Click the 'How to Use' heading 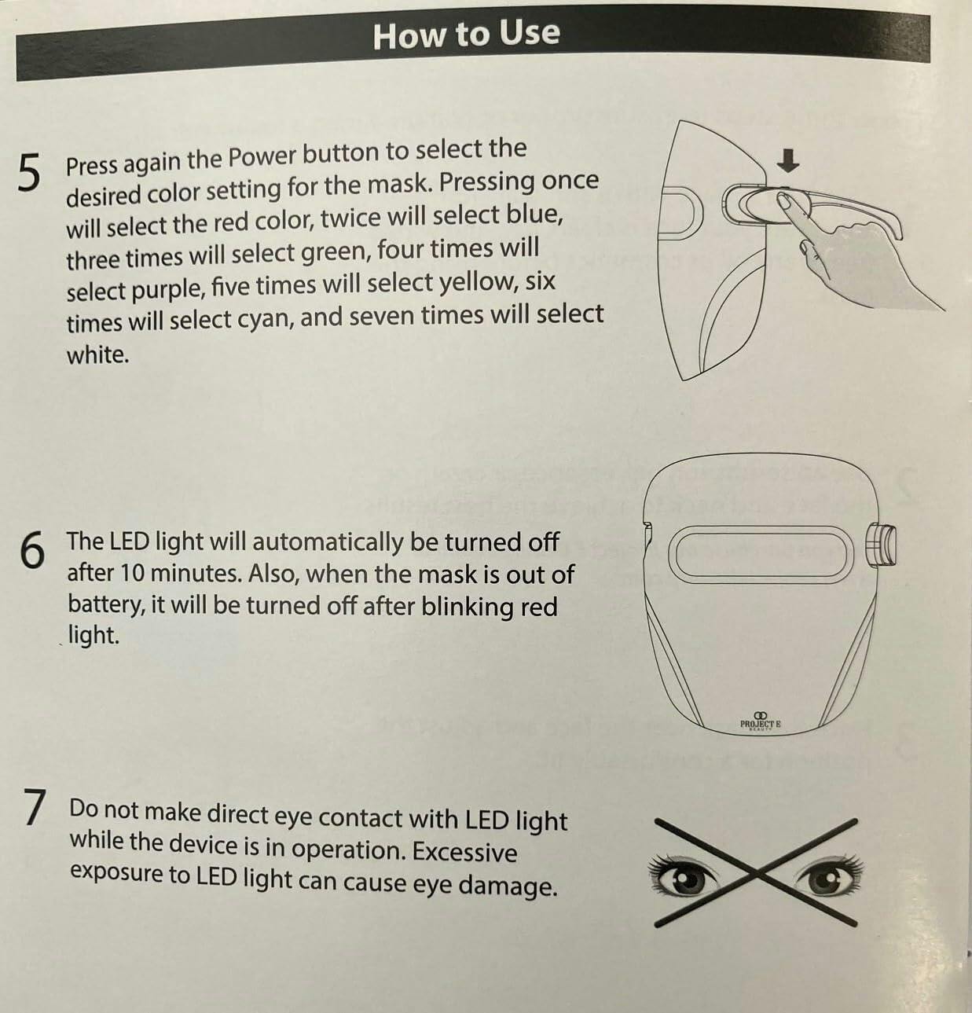click(467, 35)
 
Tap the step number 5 click(28, 174)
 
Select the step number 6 click(31, 551)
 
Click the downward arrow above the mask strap click(787, 161)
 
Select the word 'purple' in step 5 click(167, 291)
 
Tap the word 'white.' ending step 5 click(97, 355)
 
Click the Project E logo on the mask click(760, 722)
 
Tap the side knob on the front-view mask click(882, 545)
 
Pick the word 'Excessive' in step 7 click(464, 852)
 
